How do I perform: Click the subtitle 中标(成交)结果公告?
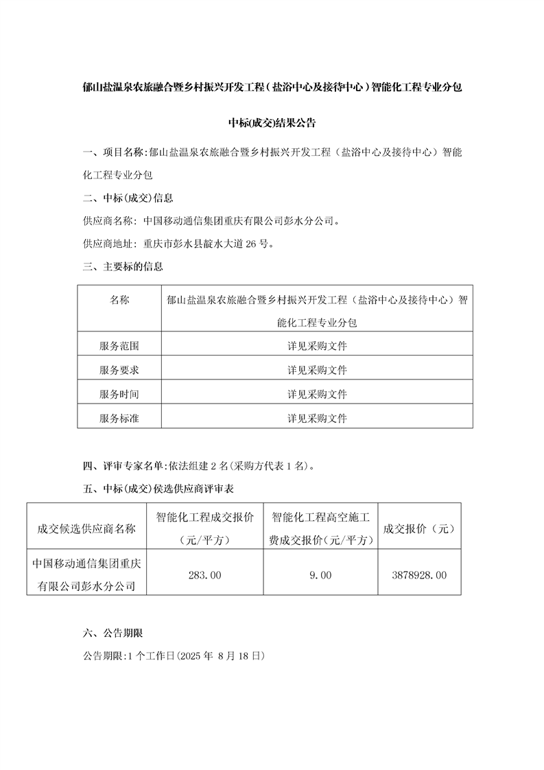(x=272, y=124)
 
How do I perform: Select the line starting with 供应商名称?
(x=211, y=221)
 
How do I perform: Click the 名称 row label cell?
(x=119, y=300)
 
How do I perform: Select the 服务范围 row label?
(x=119, y=346)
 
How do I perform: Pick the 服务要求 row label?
(x=119, y=370)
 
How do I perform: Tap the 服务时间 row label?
(x=119, y=394)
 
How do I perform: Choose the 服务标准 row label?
(x=119, y=417)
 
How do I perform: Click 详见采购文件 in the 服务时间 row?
(x=317, y=394)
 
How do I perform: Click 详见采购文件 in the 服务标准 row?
(x=317, y=417)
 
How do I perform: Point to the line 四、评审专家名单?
(x=200, y=467)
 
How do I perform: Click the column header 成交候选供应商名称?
(x=86, y=528)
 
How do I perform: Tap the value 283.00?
(x=204, y=575)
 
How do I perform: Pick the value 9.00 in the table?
(x=320, y=575)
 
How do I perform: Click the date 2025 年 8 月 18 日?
(x=221, y=655)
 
